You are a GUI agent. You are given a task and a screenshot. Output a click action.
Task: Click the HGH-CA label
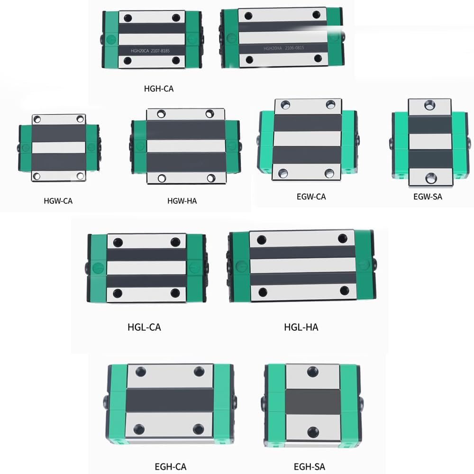159,88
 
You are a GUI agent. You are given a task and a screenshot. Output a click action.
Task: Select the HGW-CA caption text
58,201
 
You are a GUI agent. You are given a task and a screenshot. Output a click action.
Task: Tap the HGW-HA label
182,201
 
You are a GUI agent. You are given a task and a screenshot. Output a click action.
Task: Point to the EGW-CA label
311,196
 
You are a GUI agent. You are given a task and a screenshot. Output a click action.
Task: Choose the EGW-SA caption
428,196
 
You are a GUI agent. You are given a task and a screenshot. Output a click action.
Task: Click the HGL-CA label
144,327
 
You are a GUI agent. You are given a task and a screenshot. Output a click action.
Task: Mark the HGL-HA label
301,327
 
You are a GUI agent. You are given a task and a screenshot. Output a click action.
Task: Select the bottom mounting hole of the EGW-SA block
430,178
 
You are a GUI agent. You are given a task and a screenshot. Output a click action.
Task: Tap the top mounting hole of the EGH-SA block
312,371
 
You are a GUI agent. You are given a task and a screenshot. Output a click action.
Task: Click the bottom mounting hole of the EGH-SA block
312,431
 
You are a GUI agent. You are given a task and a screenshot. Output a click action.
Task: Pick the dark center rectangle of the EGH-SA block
312,401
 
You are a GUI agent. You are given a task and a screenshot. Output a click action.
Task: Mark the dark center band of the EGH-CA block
169,400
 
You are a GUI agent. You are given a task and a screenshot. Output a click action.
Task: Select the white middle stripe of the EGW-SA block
430,141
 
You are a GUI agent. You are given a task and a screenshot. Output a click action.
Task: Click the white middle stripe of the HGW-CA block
59,147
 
